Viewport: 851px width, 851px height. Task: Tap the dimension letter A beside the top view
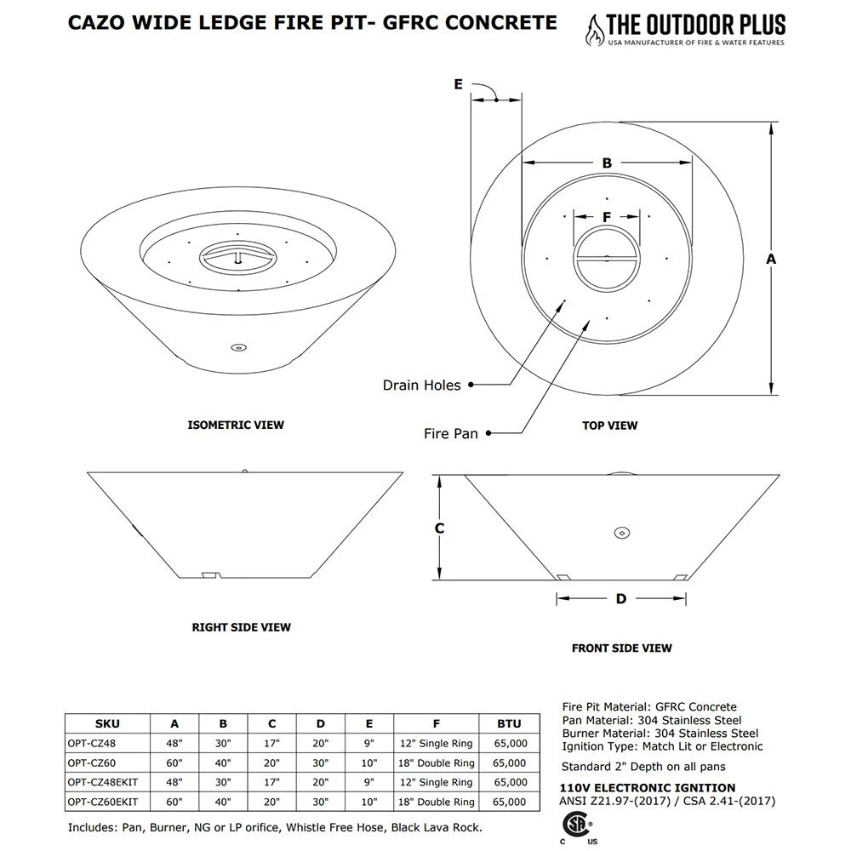[771, 258]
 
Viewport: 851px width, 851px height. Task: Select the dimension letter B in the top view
[607, 163]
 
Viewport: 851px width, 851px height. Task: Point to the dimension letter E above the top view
[458, 84]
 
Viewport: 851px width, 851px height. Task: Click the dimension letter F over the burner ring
[607, 217]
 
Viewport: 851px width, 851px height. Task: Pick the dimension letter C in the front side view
[439, 528]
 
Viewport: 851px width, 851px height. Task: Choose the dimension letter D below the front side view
[621, 599]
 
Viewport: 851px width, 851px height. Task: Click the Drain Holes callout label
[421, 386]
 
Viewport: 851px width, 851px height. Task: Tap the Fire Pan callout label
[451, 434]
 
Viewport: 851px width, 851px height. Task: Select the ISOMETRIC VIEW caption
[236, 425]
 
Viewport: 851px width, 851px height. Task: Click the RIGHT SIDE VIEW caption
[241, 627]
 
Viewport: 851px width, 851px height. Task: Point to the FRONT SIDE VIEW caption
[621, 648]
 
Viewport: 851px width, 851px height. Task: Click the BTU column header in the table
[509, 724]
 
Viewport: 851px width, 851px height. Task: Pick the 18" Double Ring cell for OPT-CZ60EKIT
[436, 802]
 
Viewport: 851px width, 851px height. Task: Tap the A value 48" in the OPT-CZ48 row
[174, 743]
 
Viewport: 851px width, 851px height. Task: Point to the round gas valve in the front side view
[621, 533]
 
